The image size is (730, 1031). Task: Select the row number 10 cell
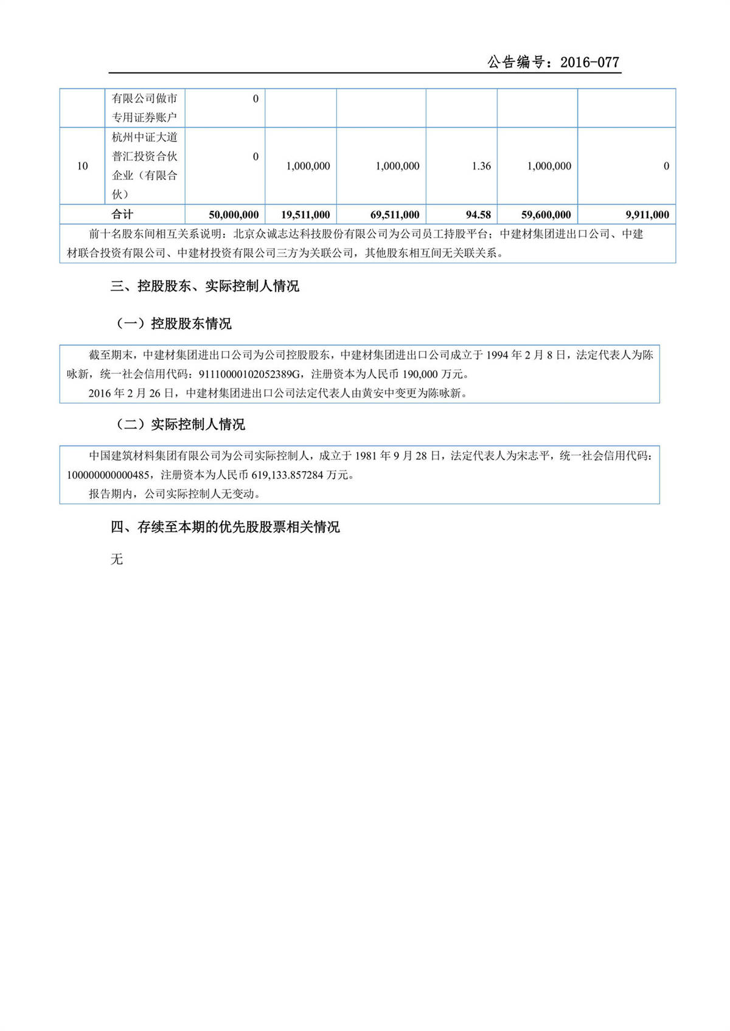click(82, 166)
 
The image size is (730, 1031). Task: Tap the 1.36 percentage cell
click(481, 166)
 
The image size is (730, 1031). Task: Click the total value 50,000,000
click(234, 215)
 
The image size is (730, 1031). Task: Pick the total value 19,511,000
click(305, 215)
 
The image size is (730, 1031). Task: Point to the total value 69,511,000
click(395, 215)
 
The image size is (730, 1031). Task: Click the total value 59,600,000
click(546, 215)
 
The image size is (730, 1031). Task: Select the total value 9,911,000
click(647, 215)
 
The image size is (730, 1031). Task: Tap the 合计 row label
click(122, 214)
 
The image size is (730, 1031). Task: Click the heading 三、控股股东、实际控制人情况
click(204, 286)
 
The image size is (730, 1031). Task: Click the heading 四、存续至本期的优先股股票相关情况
click(224, 527)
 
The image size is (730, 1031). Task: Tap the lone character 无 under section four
click(117, 559)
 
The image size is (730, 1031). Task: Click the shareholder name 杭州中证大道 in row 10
click(145, 137)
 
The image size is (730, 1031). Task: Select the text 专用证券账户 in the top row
click(145, 117)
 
